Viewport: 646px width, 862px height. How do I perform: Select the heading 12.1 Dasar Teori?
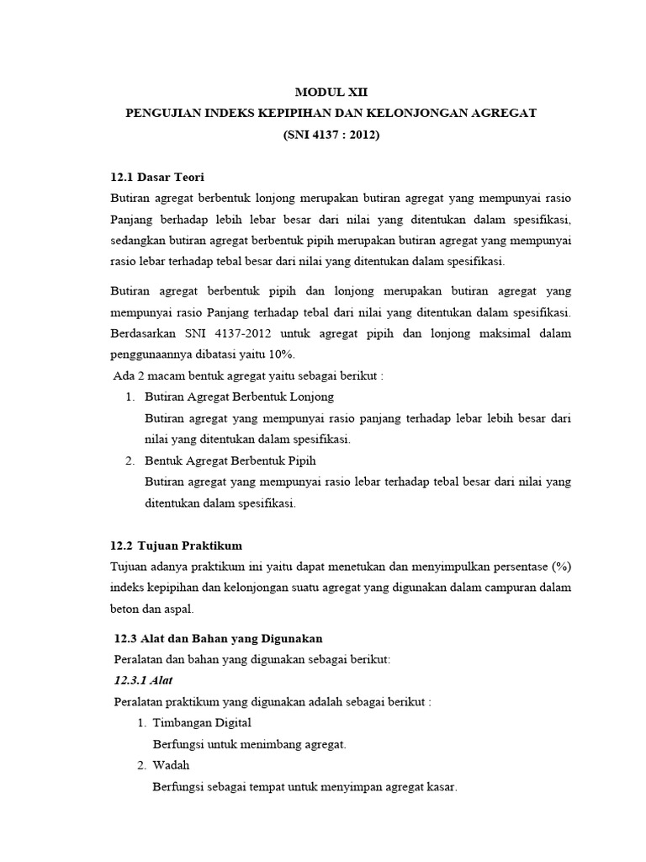point(157,177)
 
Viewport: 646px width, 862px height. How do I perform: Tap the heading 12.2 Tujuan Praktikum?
point(177,545)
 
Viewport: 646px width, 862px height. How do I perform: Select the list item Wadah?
point(172,765)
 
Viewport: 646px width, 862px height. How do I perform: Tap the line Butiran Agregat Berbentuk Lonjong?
point(239,396)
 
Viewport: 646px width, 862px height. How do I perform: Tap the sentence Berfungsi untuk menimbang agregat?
point(250,744)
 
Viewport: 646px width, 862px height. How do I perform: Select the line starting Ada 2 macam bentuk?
point(248,375)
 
